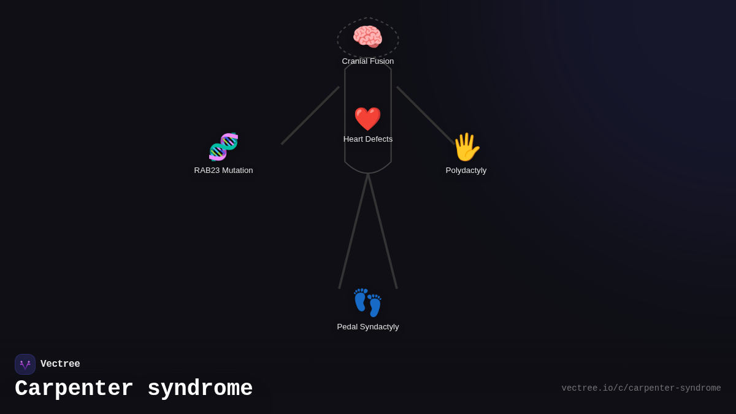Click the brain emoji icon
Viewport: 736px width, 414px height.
(367, 37)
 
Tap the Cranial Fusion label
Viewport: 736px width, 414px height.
(368, 61)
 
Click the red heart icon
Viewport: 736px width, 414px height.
(367, 119)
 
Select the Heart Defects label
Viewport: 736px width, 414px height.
(368, 139)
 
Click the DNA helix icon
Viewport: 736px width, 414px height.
(223, 147)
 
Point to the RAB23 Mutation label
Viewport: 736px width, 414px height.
(223, 171)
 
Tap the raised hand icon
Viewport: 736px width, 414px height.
(466, 147)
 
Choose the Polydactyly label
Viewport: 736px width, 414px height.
(466, 171)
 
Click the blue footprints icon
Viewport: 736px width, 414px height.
(367, 303)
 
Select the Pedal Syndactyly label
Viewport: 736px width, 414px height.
(368, 327)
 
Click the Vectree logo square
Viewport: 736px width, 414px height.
(25, 364)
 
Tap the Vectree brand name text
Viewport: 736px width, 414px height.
(60, 364)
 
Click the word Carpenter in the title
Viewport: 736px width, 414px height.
(74, 389)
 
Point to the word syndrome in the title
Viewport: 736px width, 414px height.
(200, 389)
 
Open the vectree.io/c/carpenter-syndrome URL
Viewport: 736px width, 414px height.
(641, 388)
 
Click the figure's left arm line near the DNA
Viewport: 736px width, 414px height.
(310, 116)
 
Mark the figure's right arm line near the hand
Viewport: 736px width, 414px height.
(426, 115)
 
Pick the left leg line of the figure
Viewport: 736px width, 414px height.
(353, 231)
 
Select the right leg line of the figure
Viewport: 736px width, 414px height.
(382, 231)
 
